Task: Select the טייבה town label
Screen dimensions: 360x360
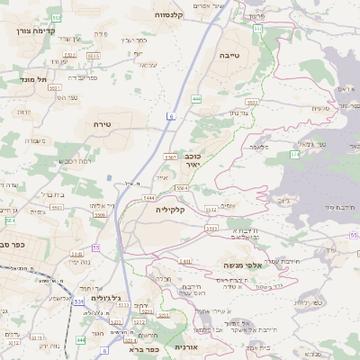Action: (x=229, y=55)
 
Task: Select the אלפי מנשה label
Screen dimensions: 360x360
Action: (x=244, y=266)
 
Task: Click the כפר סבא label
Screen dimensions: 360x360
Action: (x=12, y=244)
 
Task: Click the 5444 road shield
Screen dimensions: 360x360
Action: (x=148, y=197)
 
